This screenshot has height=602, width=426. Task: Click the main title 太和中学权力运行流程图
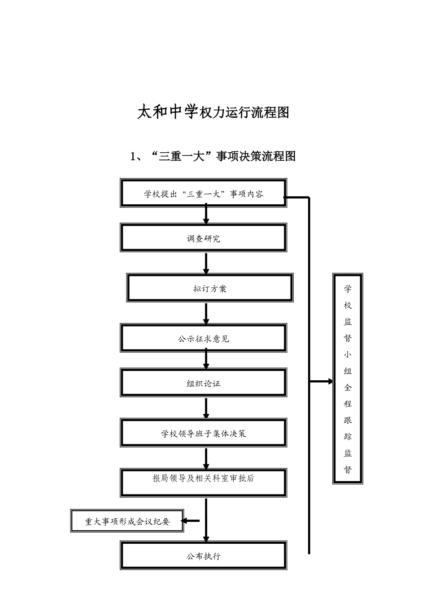click(x=213, y=112)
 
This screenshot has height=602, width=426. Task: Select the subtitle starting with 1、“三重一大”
click(x=213, y=156)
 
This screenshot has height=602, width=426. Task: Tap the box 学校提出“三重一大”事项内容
click(x=203, y=193)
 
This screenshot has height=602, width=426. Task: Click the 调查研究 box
click(x=203, y=238)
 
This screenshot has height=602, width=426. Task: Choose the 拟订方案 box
click(x=210, y=288)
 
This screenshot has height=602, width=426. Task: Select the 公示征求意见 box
click(x=203, y=339)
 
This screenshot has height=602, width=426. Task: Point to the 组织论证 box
click(x=203, y=383)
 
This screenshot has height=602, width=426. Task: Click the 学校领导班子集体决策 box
click(x=203, y=433)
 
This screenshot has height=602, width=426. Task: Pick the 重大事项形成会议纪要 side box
click(x=127, y=521)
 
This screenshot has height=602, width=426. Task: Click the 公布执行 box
click(x=203, y=556)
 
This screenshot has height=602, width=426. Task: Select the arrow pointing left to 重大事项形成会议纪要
click(x=190, y=520)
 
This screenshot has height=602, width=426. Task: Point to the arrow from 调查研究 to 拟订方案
click(x=206, y=263)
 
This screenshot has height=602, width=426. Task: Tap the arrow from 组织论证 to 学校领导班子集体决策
click(x=206, y=408)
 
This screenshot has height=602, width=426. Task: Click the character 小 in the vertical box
click(x=348, y=354)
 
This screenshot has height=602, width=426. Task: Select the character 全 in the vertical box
click(x=348, y=387)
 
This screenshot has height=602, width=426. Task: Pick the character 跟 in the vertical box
click(x=348, y=420)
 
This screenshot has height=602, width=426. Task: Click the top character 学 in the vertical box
click(x=348, y=288)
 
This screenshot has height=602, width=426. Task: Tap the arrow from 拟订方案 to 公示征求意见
click(x=206, y=314)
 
